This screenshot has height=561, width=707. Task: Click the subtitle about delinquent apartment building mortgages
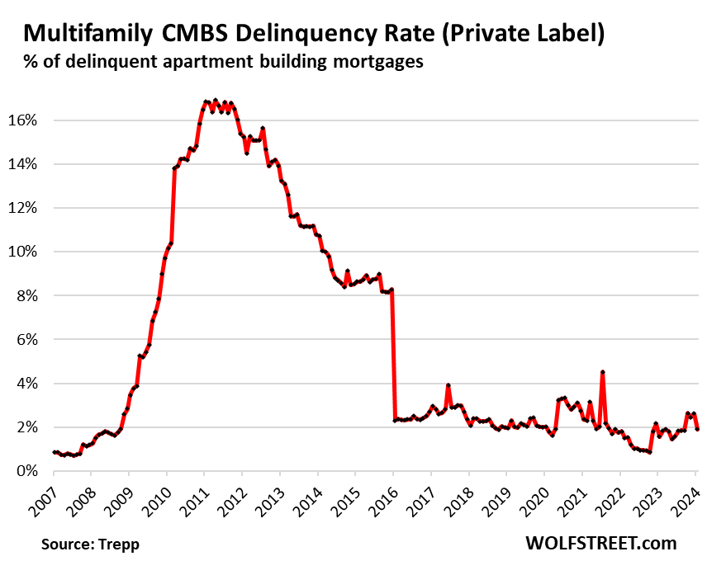[224, 62]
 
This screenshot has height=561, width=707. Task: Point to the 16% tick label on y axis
[22, 120]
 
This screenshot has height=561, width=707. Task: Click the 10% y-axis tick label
[22, 252]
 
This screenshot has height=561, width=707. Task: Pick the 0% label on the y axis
[26, 471]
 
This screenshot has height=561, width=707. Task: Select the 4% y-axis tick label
[26, 384]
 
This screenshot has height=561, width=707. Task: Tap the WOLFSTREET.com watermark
[600, 543]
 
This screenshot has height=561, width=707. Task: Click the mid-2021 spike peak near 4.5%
[603, 372]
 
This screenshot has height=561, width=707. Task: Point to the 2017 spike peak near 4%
[448, 385]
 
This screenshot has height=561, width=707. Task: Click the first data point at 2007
[54, 452]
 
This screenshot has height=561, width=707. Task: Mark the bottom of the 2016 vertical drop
[395, 421]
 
